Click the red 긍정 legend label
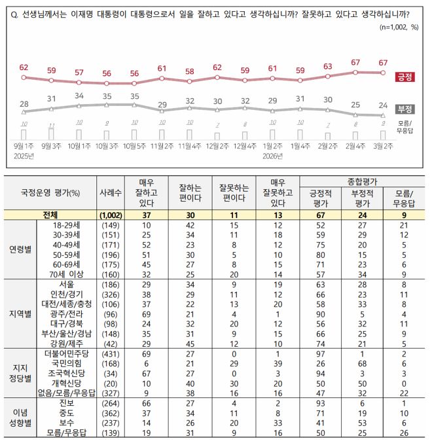point(405,77)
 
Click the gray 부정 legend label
point(405,109)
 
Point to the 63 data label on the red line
point(328,66)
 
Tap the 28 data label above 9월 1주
point(24,103)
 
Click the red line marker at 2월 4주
point(356,73)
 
